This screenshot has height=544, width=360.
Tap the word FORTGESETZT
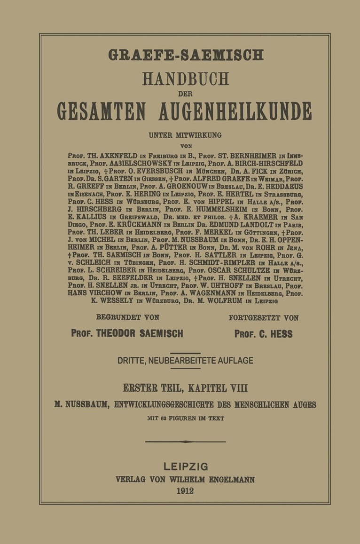click(x=251, y=318)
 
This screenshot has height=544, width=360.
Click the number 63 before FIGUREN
click(x=164, y=418)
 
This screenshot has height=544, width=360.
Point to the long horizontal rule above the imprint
click(x=185, y=442)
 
